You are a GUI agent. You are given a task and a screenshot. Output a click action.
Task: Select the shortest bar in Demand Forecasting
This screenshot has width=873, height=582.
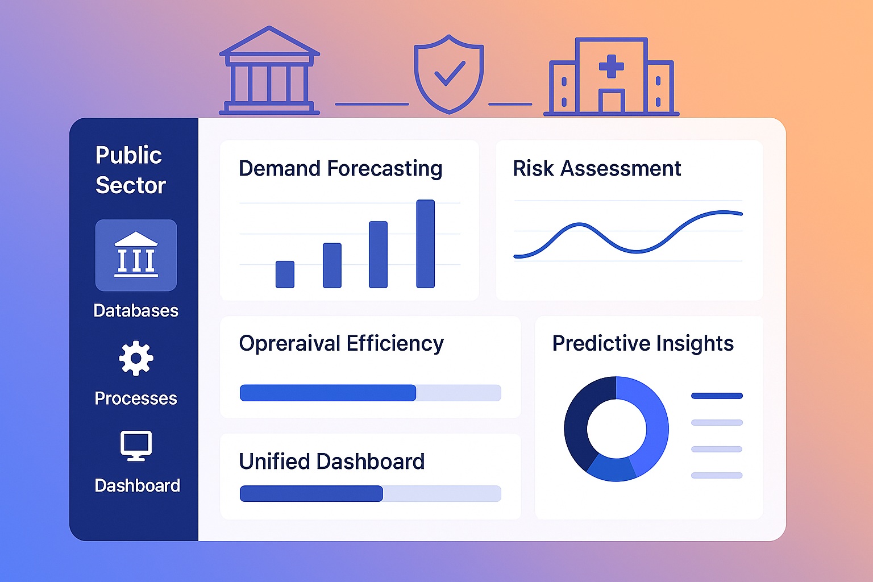pos(285,274)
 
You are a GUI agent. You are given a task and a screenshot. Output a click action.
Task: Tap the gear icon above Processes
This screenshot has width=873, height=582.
pos(136,358)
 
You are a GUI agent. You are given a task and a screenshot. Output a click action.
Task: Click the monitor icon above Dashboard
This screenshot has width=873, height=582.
pos(136,445)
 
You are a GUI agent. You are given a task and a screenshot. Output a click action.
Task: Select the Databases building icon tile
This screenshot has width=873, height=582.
pos(136,255)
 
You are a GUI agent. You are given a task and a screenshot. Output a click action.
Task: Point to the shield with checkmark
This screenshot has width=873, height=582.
pos(448,74)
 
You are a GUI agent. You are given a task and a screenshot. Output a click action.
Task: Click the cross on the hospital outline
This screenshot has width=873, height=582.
pos(612,66)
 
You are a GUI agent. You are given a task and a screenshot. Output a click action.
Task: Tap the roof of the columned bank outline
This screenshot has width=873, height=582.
pos(269,43)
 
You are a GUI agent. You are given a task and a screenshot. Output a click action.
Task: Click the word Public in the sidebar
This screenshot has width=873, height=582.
pos(128,155)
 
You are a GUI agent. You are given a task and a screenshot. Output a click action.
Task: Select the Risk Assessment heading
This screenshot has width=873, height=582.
pos(597,169)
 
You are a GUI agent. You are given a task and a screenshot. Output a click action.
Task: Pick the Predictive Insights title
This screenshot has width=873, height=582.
pos(643,343)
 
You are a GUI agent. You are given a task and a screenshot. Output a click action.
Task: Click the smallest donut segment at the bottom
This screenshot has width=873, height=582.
pos(612,468)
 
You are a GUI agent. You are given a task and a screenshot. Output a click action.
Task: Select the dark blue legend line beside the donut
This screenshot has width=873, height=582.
pos(717,396)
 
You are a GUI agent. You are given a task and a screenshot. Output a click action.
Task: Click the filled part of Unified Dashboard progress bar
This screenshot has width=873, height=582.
pos(311,493)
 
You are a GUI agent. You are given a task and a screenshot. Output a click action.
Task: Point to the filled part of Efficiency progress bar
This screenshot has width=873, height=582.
pos(327,393)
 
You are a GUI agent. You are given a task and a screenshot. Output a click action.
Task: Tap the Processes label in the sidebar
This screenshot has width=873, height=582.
pos(136,398)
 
